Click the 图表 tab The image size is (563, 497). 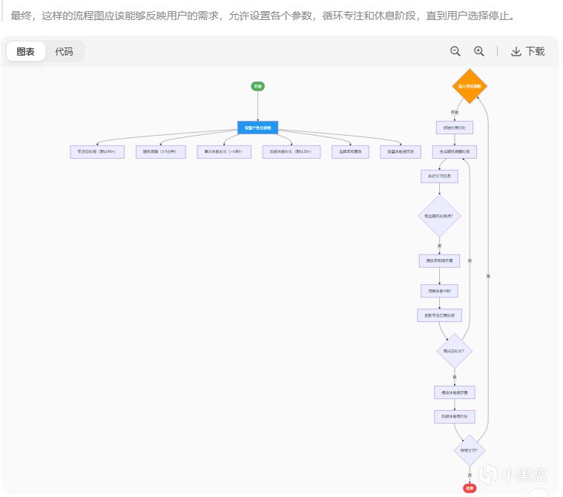[x=26, y=52]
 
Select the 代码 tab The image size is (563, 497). [x=65, y=52]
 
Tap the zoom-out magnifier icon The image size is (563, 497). [x=455, y=51]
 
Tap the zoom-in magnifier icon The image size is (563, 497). [x=479, y=51]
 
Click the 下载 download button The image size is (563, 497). [x=528, y=51]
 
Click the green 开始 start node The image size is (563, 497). [x=257, y=87]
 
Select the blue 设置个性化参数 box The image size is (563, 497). [x=257, y=128]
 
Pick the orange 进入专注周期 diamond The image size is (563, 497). [x=469, y=87]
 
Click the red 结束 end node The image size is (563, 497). [x=469, y=487]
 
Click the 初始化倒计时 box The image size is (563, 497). [x=454, y=128]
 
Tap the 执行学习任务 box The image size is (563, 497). [x=439, y=177]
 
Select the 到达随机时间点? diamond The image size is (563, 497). [x=439, y=216]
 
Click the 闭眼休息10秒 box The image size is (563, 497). [x=439, y=291]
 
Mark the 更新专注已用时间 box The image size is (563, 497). [x=439, y=315]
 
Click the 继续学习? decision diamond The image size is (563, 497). [x=469, y=450]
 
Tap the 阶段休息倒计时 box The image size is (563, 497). [x=454, y=417]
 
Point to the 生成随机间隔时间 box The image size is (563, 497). [x=454, y=151]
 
